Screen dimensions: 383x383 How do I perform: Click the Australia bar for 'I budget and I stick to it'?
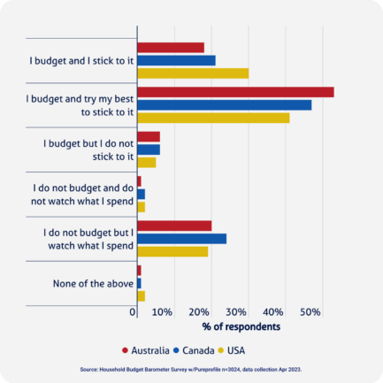(x=171, y=47)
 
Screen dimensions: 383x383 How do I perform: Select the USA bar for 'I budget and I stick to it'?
(x=193, y=73)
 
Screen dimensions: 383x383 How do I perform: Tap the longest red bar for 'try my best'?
(x=235, y=92)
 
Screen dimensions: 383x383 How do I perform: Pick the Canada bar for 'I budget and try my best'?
(x=225, y=105)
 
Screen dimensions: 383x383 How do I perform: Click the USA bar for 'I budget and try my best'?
(x=213, y=118)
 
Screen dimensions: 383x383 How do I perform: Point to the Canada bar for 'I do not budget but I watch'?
(x=182, y=239)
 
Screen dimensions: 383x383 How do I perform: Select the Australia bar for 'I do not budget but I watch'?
(x=174, y=226)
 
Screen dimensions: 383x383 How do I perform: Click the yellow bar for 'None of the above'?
(x=142, y=295)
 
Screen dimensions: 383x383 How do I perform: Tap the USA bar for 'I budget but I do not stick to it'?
(x=147, y=162)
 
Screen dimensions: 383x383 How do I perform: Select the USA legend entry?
(x=237, y=349)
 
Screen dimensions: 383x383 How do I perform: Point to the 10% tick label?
(x=162, y=312)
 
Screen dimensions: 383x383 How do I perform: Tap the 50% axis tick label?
(x=310, y=312)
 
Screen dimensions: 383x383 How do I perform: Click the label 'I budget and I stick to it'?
(x=81, y=60)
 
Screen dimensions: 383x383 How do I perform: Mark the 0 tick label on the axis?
(x=134, y=312)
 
